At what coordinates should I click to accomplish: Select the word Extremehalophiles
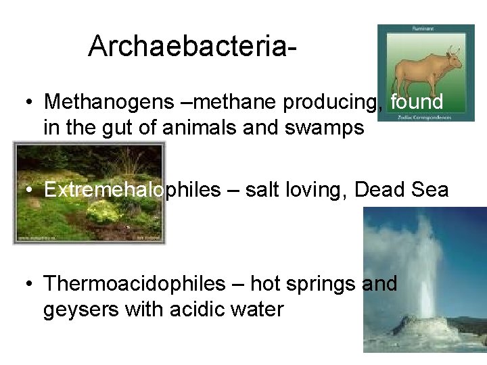pyautogui.click(x=133, y=190)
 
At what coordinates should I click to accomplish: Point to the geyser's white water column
pyautogui.click(x=425, y=270)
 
